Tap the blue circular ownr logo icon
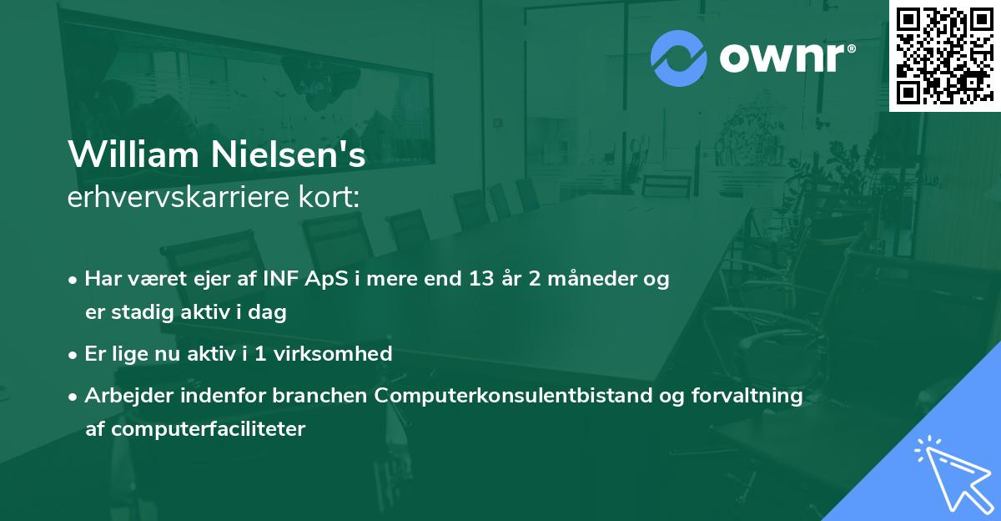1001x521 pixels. point(678,58)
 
